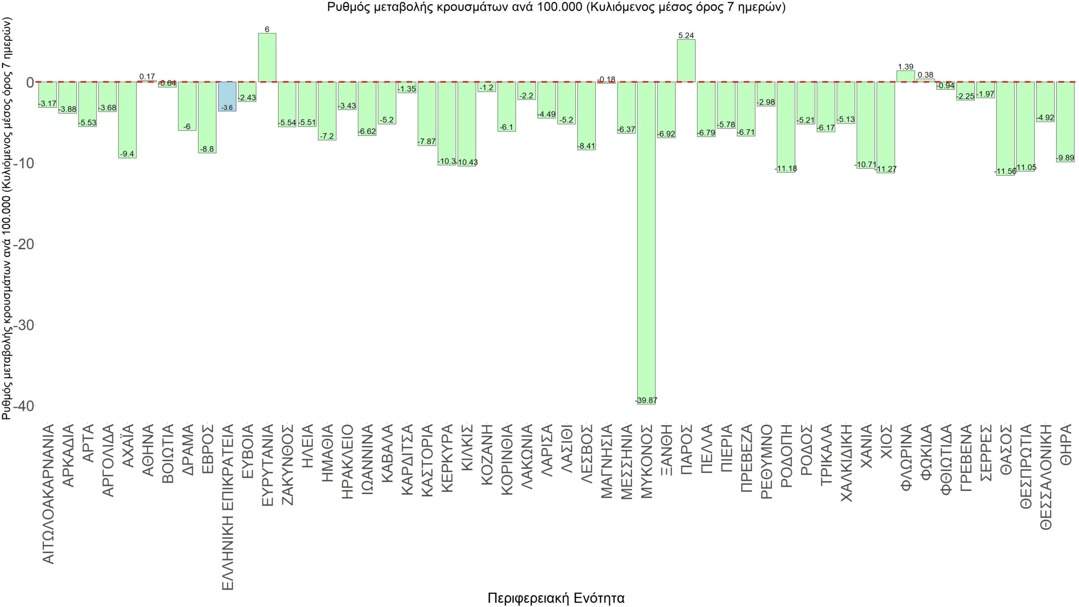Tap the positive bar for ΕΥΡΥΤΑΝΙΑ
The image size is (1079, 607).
[267, 57]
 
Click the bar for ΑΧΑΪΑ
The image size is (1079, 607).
[127, 120]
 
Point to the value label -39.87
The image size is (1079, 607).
[646, 400]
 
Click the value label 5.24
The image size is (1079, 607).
[686, 35]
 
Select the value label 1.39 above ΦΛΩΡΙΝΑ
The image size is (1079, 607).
[906, 67]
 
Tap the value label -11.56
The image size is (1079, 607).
[1006, 171]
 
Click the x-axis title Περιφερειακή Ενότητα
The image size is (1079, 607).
[556, 598]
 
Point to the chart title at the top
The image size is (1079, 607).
[556, 7]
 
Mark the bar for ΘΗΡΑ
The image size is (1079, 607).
[1066, 122]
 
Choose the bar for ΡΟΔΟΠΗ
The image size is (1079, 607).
[786, 127]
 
